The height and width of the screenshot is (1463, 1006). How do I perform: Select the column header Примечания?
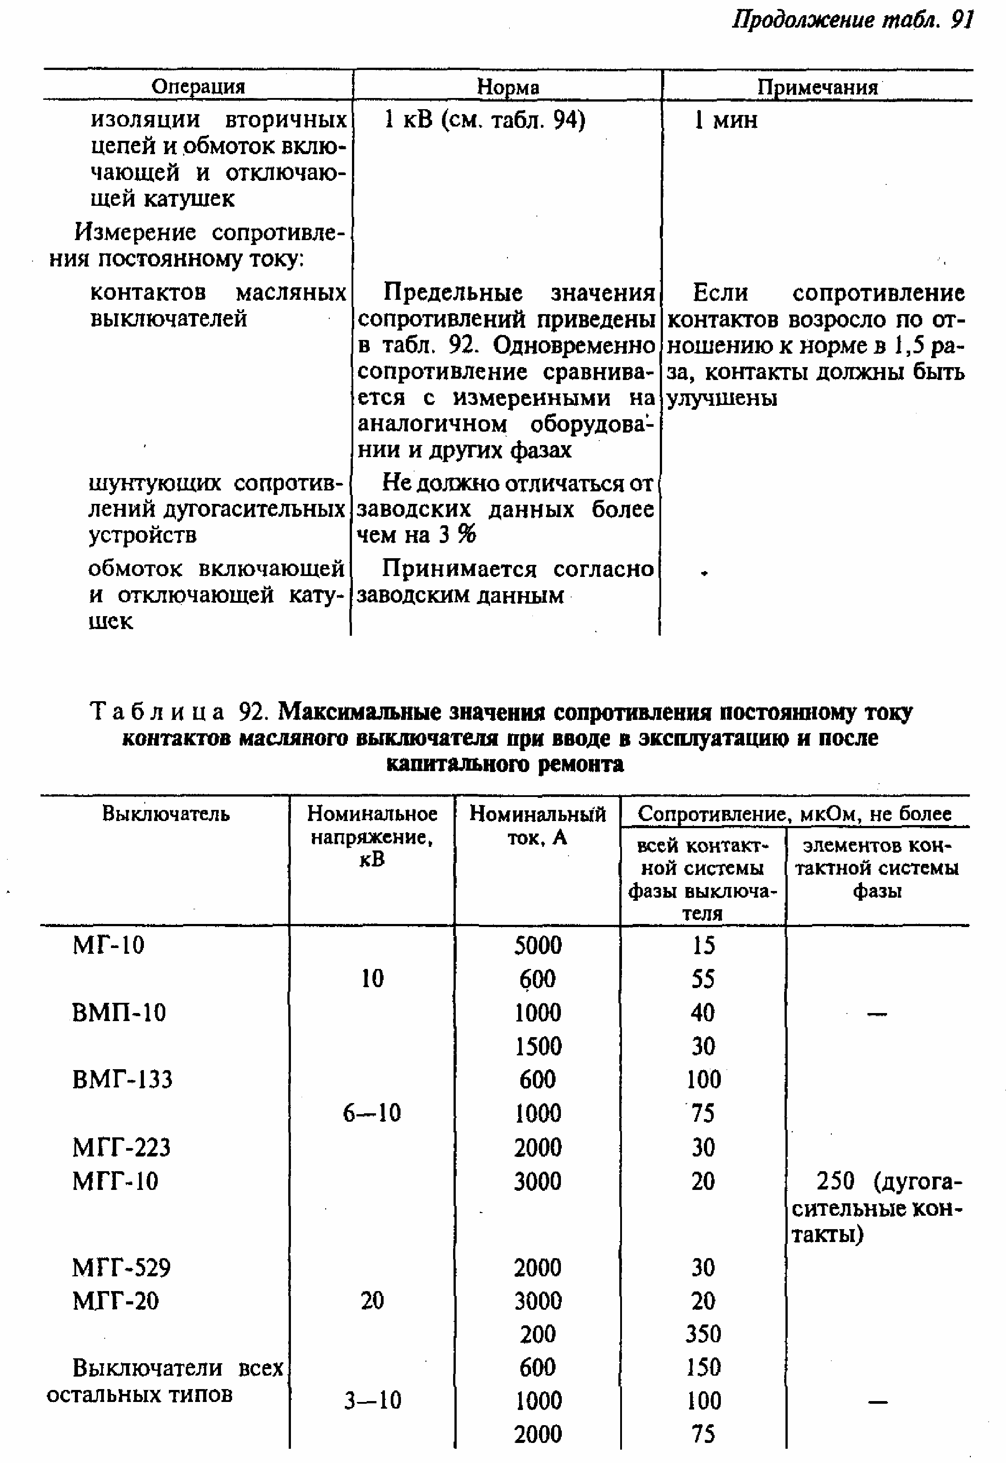(818, 87)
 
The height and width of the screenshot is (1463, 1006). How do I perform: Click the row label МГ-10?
(108, 945)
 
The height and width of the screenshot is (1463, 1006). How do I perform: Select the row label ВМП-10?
(119, 1012)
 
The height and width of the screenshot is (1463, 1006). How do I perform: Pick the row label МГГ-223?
(122, 1147)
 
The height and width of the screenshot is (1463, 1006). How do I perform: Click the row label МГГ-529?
(122, 1267)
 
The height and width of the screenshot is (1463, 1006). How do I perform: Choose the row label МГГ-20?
(116, 1300)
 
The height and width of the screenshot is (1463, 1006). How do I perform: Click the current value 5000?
(538, 945)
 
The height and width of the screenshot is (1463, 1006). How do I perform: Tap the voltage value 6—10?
(372, 1113)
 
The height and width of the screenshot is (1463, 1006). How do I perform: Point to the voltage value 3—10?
(372, 1401)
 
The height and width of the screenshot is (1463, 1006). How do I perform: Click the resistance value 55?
(703, 979)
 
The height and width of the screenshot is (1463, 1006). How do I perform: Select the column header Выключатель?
(166, 814)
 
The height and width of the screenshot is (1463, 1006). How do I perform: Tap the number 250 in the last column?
(835, 1181)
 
